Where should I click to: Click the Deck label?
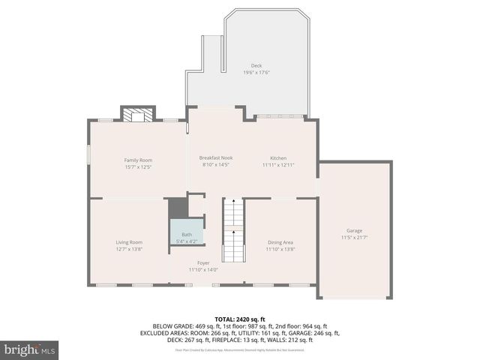click(256, 66)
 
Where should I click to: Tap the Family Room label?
click(138, 160)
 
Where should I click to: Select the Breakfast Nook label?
click(215, 157)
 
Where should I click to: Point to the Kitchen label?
click(278, 157)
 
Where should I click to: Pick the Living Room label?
click(129, 242)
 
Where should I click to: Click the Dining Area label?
click(280, 242)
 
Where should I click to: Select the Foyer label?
click(203, 263)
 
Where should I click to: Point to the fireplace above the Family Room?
click(138, 115)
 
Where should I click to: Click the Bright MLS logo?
click(30, 349)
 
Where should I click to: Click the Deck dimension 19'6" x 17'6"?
click(256, 73)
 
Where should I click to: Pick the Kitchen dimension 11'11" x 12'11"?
click(278, 165)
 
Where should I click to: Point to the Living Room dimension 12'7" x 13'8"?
click(129, 249)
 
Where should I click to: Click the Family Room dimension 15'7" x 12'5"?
click(138, 167)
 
